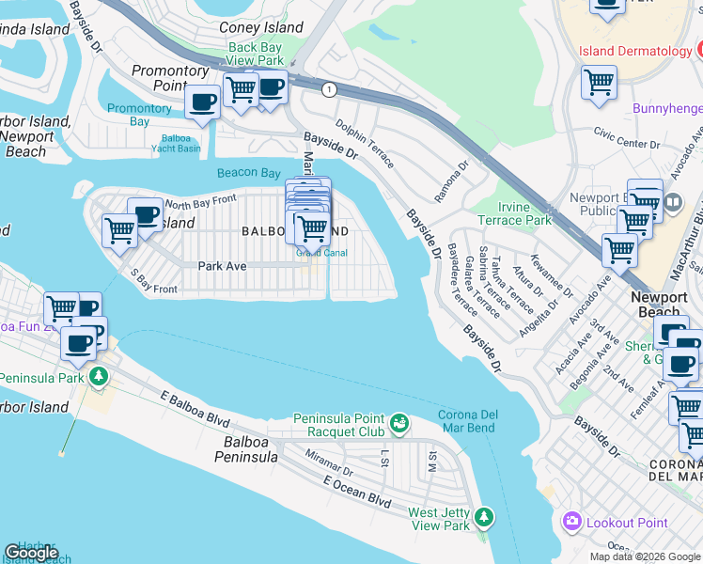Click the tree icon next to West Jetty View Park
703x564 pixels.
pos(483,516)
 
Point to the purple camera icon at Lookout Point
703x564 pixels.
pos(570,522)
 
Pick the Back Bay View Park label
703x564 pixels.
pos(256,54)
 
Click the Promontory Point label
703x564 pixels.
pos(170,78)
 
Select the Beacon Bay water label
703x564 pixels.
pos(248,173)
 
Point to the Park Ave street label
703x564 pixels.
pos(222,266)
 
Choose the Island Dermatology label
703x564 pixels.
pos(635,51)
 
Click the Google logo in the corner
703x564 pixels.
pos(31,554)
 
